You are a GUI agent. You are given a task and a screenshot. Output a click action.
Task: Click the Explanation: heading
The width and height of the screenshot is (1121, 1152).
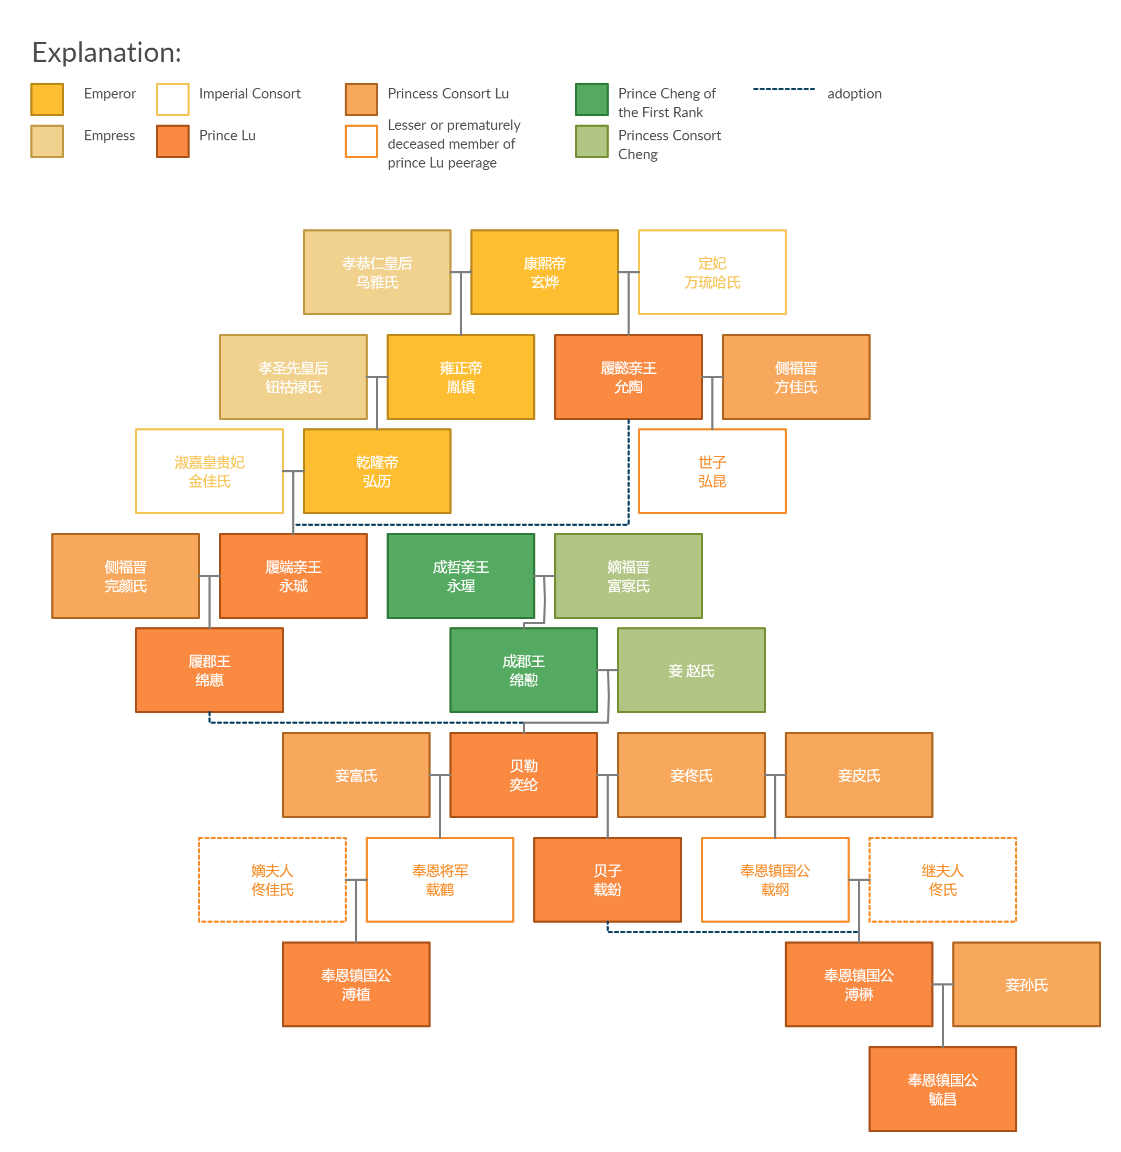tap(106, 52)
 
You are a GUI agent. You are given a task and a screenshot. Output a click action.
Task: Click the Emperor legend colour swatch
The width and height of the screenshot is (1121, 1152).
tap(47, 99)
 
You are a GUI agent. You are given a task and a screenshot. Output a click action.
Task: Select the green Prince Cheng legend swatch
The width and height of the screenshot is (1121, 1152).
tap(591, 99)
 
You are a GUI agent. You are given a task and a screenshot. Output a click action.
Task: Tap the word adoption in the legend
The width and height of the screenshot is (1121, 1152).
tap(854, 94)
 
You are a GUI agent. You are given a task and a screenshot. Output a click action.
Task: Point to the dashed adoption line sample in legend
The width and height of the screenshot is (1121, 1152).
tap(783, 89)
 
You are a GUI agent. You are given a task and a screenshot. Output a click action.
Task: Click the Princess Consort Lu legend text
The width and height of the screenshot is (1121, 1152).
tap(447, 94)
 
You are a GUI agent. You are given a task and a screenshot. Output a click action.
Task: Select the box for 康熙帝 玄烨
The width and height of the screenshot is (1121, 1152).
tap(544, 272)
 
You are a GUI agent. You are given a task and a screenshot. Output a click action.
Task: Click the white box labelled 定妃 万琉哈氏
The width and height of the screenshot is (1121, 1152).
tap(712, 272)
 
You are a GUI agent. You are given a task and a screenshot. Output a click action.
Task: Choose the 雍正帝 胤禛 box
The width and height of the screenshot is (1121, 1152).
tap(460, 376)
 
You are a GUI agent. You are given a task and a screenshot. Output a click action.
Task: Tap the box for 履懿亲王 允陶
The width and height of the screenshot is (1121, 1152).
tap(628, 376)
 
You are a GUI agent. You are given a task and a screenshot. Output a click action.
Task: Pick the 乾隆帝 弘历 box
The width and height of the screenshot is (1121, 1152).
tap(377, 471)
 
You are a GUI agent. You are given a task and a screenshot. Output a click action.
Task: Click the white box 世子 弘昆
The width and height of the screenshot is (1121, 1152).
tap(712, 471)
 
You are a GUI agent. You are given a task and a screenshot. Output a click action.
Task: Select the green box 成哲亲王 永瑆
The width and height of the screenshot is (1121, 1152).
tap(460, 575)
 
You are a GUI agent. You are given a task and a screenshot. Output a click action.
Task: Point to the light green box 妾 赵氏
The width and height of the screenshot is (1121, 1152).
tap(690, 670)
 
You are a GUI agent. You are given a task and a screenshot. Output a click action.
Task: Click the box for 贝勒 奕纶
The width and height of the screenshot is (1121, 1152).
tap(523, 774)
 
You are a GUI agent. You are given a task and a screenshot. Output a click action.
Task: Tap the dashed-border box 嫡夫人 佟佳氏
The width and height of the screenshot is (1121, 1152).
tap(272, 880)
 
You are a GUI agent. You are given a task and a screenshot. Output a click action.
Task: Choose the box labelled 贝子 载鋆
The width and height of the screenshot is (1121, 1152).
tap(607, 880)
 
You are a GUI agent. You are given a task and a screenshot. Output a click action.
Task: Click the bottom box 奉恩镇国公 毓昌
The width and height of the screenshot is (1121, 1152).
tap(942, 1089)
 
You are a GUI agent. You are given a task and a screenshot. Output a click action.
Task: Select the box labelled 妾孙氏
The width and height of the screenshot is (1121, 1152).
tap(1026, 984)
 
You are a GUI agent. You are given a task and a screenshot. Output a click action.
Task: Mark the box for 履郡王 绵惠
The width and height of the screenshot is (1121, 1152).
tap(209, 670)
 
